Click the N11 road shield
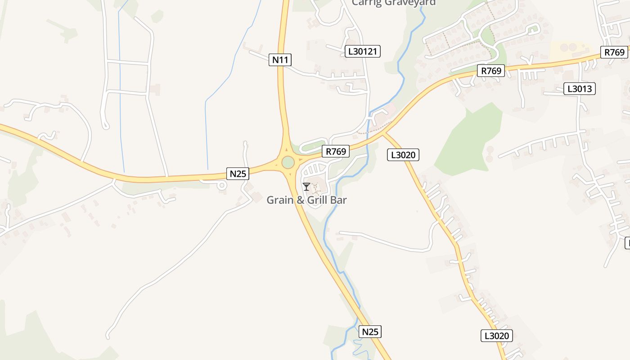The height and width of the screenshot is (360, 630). point(280,59)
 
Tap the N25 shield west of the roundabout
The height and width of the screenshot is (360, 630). point(238,174)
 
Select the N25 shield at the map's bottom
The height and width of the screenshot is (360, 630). point(370,332)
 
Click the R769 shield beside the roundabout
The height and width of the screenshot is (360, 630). point(336,152)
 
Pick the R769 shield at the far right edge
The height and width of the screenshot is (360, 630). point(615,52)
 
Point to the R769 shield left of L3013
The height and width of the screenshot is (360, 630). point(491,71)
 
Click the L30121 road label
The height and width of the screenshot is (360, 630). point(363,51)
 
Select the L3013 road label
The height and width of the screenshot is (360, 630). point(580,89)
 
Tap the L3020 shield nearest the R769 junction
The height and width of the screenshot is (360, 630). point(403,155)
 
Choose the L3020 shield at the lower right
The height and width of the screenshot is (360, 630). point(497,336)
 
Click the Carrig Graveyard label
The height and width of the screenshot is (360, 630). point(394,3)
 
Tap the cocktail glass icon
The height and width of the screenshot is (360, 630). point(306,186)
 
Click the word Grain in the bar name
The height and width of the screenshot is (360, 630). point(280,200)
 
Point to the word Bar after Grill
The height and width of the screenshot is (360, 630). point(339,200)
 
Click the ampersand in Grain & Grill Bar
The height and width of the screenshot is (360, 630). point(299,200)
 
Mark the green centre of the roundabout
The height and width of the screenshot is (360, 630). point(288,162)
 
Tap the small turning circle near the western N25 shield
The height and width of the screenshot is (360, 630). point(221,185)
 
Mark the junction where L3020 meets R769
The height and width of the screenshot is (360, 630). point(383,133)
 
